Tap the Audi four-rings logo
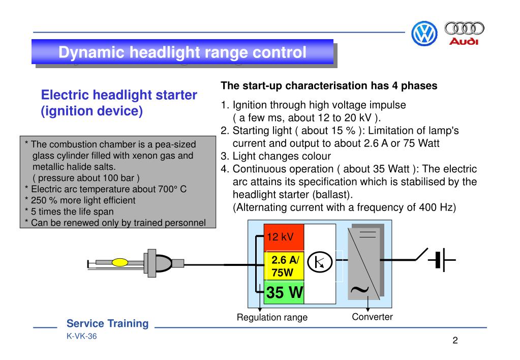[464, 33]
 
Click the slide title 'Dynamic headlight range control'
[182, 52]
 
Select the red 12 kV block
[284, 237]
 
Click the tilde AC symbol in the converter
[359, 289]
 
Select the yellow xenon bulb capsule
[120, 262]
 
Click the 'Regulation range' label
[272, 317]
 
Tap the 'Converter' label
[372, 317]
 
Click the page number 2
[455, 340]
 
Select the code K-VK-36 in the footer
[81, 337]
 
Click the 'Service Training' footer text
[108, 323]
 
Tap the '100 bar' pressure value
[116, 178]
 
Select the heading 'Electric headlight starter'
[118, 95]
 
